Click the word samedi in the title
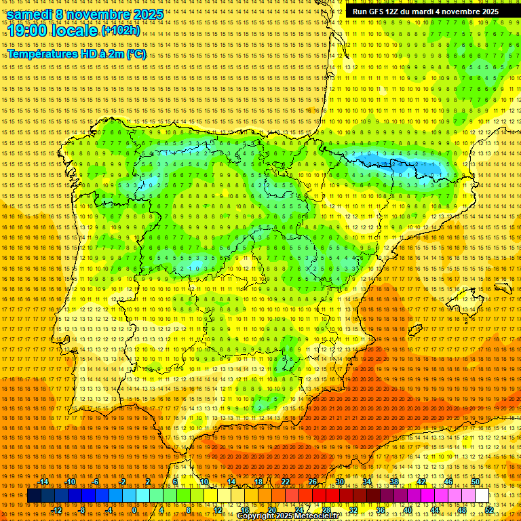(31, 14)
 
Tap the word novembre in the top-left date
(97, 14)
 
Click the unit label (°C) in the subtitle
(136, 54)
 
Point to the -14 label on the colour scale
(44, 482)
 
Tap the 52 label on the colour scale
(489, 509)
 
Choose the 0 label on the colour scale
(134, 509)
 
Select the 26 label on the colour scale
(313, 482)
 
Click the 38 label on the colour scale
(393, 482)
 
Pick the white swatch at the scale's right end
(482, 496)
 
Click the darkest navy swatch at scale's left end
(34, 496)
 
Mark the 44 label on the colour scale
(434, 509)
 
